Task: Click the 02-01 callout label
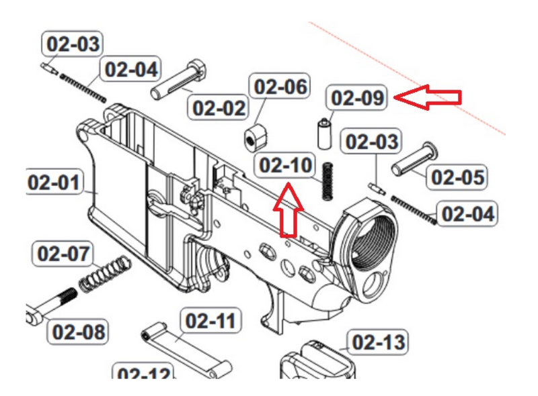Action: coord(54,183)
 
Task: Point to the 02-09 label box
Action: coord(357,98)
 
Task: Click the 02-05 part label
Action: coord(457,177)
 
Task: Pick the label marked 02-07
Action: coord(63,254)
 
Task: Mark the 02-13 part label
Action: coord(379,343)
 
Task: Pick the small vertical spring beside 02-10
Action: coord(328,181)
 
